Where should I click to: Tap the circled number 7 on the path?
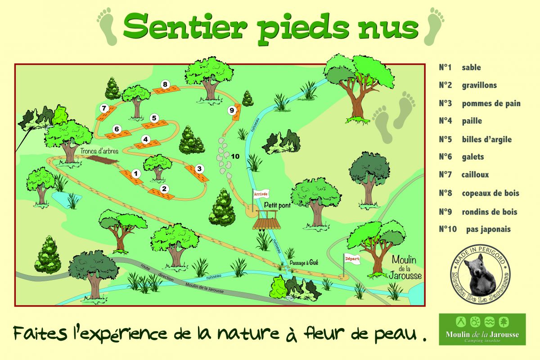point(104,108)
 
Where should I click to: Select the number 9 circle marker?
point(232,110)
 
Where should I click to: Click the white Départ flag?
point(352,259)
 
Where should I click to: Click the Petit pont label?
point(278,205)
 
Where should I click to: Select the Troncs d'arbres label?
point(99,151)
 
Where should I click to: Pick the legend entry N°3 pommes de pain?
point(480,103)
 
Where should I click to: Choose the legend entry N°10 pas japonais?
point(475,229)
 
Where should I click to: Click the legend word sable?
point(471,67)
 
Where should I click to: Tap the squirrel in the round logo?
point(480,274)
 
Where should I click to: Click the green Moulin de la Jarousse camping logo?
point(482,329)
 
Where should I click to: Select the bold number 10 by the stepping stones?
point(234,156)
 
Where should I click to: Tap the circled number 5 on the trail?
point(154,118)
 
